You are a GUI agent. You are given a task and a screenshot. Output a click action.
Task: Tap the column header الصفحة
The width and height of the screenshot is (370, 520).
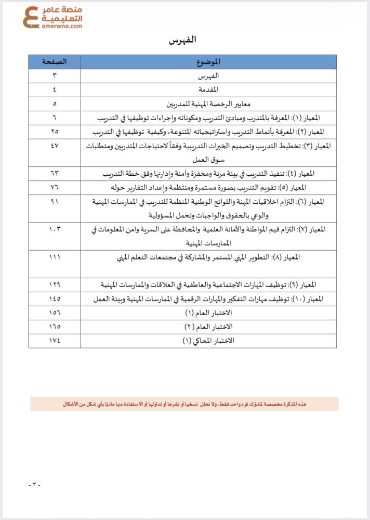55,62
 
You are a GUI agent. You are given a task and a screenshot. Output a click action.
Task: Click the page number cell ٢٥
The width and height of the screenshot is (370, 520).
55,132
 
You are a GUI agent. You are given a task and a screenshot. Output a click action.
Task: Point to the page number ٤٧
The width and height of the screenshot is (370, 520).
55,146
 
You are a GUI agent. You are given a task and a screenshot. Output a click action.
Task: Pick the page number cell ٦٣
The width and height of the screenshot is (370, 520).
55,173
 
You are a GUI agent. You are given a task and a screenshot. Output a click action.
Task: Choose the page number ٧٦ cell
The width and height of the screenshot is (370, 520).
55,187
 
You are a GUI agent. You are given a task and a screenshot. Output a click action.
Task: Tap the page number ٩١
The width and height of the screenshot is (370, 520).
55,201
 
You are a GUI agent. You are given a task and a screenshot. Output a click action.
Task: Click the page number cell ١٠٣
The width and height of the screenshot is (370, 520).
55,229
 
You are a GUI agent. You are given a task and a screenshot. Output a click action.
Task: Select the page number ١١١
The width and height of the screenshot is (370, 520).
55,257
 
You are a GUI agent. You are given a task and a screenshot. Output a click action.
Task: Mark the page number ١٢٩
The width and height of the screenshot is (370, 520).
55,285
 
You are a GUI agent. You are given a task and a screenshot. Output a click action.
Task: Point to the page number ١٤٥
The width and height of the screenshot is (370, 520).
55,299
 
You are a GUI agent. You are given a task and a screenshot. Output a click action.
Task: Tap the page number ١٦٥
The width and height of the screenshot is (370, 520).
55,327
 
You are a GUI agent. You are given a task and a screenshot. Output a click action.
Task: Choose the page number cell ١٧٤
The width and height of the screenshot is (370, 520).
55,341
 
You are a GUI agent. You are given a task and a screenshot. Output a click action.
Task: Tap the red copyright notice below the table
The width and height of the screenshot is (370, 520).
184,404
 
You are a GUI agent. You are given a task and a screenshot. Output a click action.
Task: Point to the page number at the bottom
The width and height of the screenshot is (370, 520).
34,485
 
